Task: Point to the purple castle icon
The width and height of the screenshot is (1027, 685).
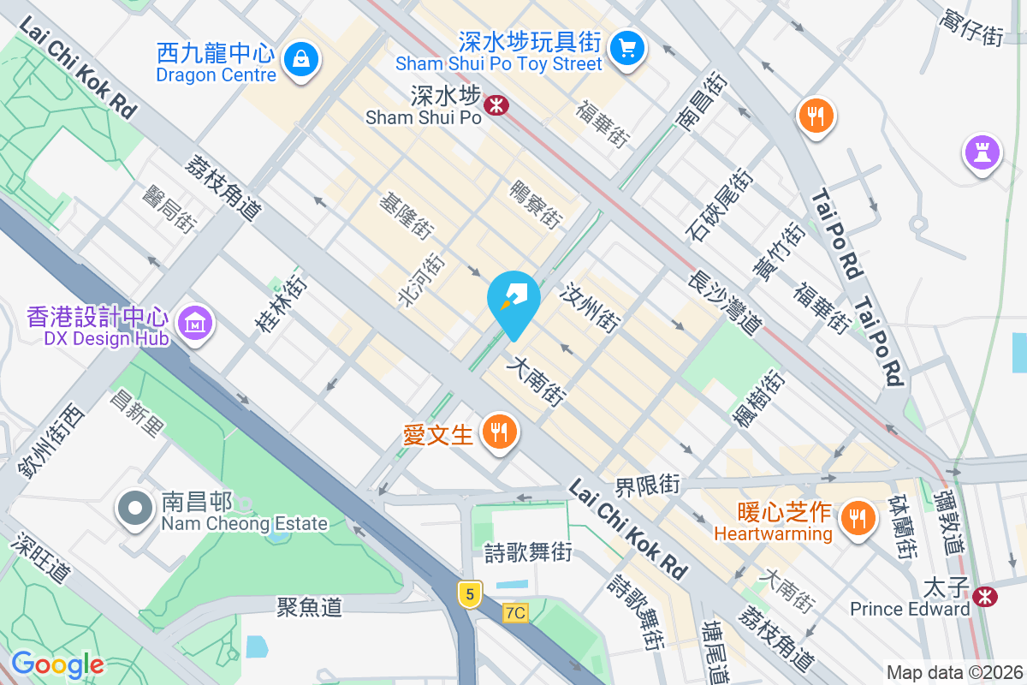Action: pyautogui.click(x=982, y=152)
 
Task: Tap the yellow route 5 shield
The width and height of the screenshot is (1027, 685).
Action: pyautogui.click(x=468, y=593)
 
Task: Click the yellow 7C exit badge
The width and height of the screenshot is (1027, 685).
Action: pyautogui.click(x=515, y=613)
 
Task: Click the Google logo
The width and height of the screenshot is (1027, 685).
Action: pyautogui.click(x=56, y=664)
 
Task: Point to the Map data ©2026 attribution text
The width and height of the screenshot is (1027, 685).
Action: pyautogui.click(x=953, y=672)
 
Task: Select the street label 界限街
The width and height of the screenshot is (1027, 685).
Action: pyautogui.click(x=647, y=486)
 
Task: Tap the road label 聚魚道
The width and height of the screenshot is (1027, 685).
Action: pyautogui.click(x=309, y=607)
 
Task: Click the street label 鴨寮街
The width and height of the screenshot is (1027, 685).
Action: pyautogui.click(x=536, y=204)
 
